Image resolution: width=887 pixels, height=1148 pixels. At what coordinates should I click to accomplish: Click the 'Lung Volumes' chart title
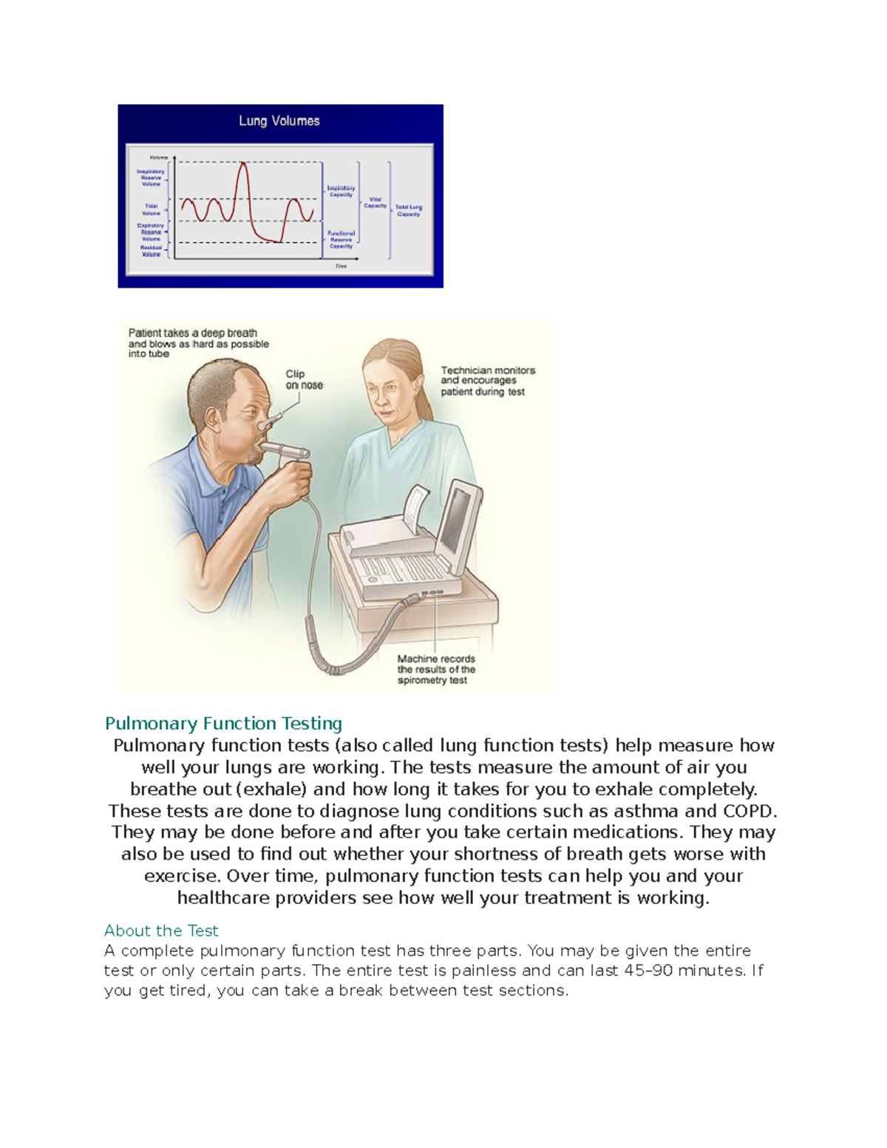click(x=279, y=120)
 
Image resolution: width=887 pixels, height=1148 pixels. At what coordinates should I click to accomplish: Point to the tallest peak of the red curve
click(x=242, y=164)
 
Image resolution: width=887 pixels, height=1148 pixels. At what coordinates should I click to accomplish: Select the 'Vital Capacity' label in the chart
click(x=375, y=203)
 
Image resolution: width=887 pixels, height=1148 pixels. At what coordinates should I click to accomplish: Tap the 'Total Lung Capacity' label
click(x=408, y=211)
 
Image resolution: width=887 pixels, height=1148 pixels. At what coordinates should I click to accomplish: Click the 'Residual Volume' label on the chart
click(x=151, y=251)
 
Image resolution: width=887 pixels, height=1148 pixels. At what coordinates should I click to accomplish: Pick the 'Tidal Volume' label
click(x=151, y=209)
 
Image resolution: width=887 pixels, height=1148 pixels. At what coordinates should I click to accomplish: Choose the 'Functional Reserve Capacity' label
click(x=341, y=240)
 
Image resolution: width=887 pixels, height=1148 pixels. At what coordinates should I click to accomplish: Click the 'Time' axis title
click(x=340, y=266)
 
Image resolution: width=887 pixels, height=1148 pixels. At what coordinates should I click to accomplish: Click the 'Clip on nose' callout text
click(x=304, y=379)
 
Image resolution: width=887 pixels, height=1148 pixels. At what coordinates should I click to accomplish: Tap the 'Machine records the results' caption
click(x=436, y=669)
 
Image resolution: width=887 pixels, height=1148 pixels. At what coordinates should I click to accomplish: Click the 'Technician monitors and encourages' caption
click(x=488, y=381)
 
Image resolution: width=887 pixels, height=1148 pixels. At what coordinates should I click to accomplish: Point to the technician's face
click(x=385, y=392)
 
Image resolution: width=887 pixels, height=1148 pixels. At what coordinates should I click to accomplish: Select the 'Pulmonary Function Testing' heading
click(x=223, y=723)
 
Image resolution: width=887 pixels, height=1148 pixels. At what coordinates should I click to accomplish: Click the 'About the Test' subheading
click(x=161, y=931)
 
